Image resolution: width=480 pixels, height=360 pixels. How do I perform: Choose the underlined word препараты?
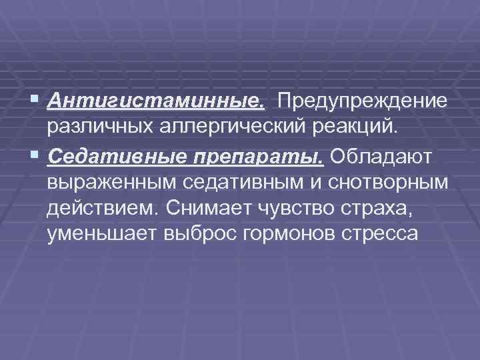click(260, 155)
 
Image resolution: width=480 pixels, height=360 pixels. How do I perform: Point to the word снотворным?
click(386, 182)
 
